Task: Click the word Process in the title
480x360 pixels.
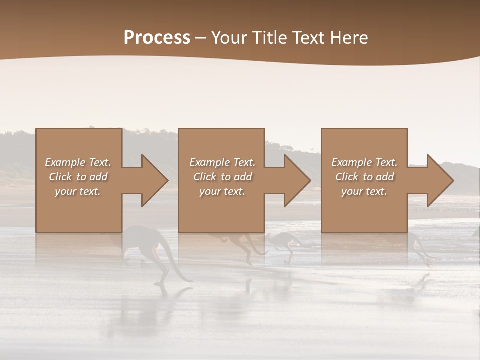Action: [157, 38]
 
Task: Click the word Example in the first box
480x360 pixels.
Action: [65, 162]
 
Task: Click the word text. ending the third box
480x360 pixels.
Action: [376, 191]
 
